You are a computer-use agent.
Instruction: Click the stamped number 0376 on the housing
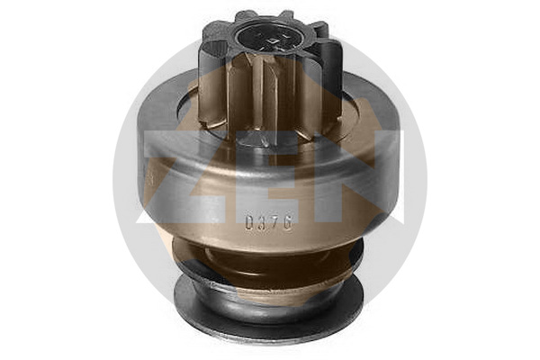click(269, 222)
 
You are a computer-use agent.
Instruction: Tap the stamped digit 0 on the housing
click(251, 222)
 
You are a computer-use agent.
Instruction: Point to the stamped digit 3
click(263, 222)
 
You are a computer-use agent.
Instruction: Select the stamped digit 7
click(274, 222)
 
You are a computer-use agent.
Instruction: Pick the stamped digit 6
click(287, 222)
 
